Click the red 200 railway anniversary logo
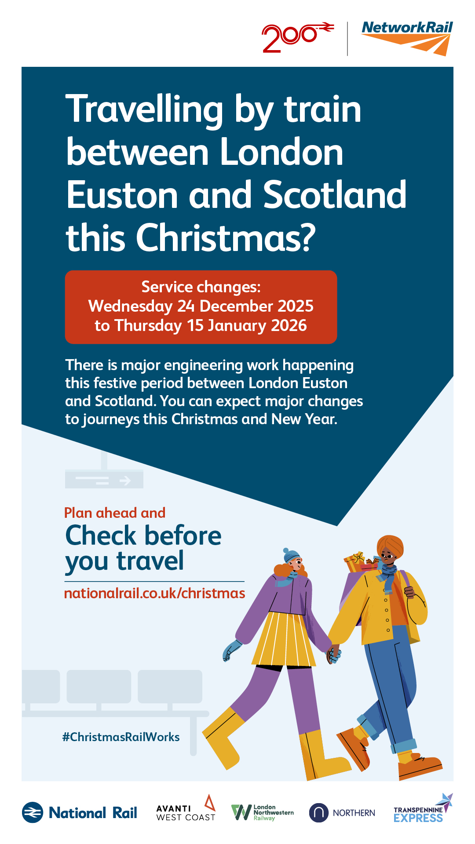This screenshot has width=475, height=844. click(298, 37)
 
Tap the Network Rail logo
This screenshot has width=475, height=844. click(407, 38)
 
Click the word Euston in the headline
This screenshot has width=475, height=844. click(122, 195)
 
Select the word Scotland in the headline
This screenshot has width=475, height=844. click(335, 194)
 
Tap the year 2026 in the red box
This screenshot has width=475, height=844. click(289, 325)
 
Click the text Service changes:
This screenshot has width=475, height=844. click(201, 287)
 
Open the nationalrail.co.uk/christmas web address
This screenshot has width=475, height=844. click(155, 593)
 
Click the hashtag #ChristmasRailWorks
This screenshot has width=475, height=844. click(121, 737)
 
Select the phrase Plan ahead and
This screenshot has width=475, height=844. click(115, 513)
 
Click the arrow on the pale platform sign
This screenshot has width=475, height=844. click(125, 480)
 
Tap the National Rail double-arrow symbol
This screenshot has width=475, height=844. click(33, 813)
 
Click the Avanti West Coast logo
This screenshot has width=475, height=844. click(186, 809)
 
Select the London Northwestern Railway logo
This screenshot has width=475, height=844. click(263, 813)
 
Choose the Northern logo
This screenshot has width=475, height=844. click(342, 813)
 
